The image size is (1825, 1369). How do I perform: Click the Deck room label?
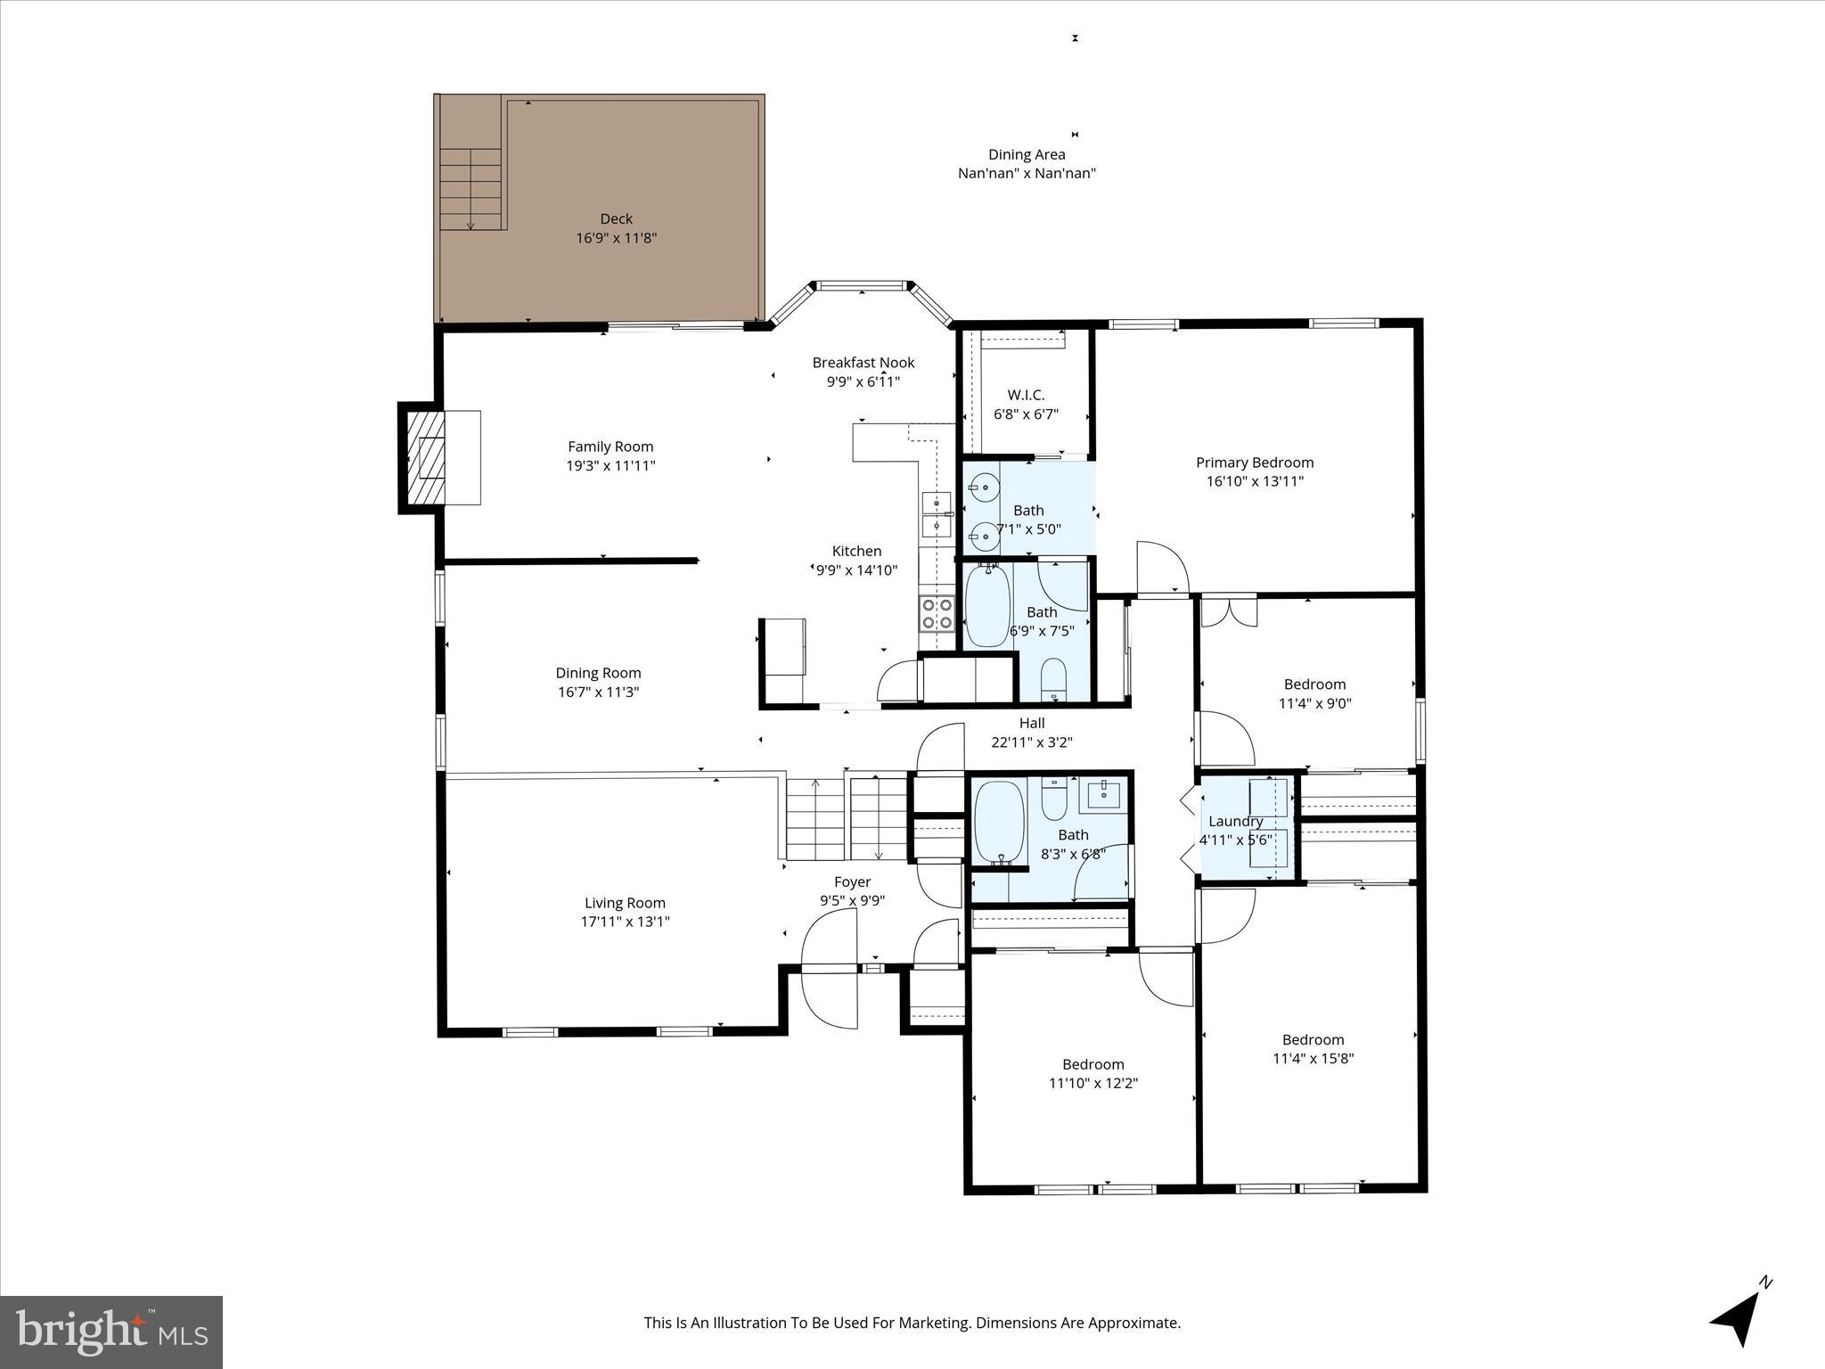point(616,218)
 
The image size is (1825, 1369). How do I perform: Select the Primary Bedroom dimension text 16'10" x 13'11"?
point(1254,481)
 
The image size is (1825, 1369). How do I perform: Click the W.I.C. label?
point(1026,395)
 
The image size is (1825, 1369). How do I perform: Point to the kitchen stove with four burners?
point(937,613)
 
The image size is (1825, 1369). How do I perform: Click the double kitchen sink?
point(936,514)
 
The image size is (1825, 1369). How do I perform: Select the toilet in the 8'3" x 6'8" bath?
point(1054,799)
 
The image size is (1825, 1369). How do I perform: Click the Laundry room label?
point(1235,821)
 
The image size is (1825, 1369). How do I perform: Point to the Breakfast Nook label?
point(863,363)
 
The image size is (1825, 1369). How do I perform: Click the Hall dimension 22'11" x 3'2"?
point(1031,742)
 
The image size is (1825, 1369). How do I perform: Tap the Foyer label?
point(852,881)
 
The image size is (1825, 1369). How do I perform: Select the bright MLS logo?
point(111,1332)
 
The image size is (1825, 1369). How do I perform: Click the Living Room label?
point(625,903)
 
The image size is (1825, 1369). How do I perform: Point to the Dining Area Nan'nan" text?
point(1027,173)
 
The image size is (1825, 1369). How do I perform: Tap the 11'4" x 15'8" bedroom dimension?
point(1313,1059)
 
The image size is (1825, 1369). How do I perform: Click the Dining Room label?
point(598,673)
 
